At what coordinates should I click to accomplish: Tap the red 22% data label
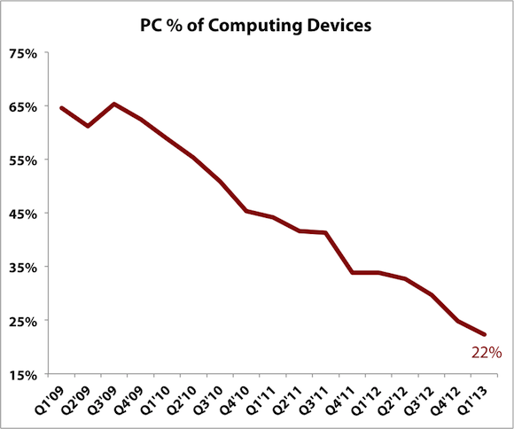click(x=487, y=352)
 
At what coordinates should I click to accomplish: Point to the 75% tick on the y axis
click(x=23, y=53)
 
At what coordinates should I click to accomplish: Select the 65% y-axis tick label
click(x=23, y=106)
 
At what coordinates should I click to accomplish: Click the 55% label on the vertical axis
click(x=23, y=160)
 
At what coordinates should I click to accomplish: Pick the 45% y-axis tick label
click(x=23, y=214)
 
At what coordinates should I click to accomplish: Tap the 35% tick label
click(x=23, y=267)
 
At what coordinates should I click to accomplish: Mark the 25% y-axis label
click(x=23, y=321)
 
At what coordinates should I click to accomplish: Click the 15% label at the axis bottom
click(x=23, y=374)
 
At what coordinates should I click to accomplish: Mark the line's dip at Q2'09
click(x=88, y=126)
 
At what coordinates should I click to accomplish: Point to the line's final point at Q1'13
click(x=485, y=334)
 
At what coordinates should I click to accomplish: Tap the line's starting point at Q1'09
click(x=61, y=108)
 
